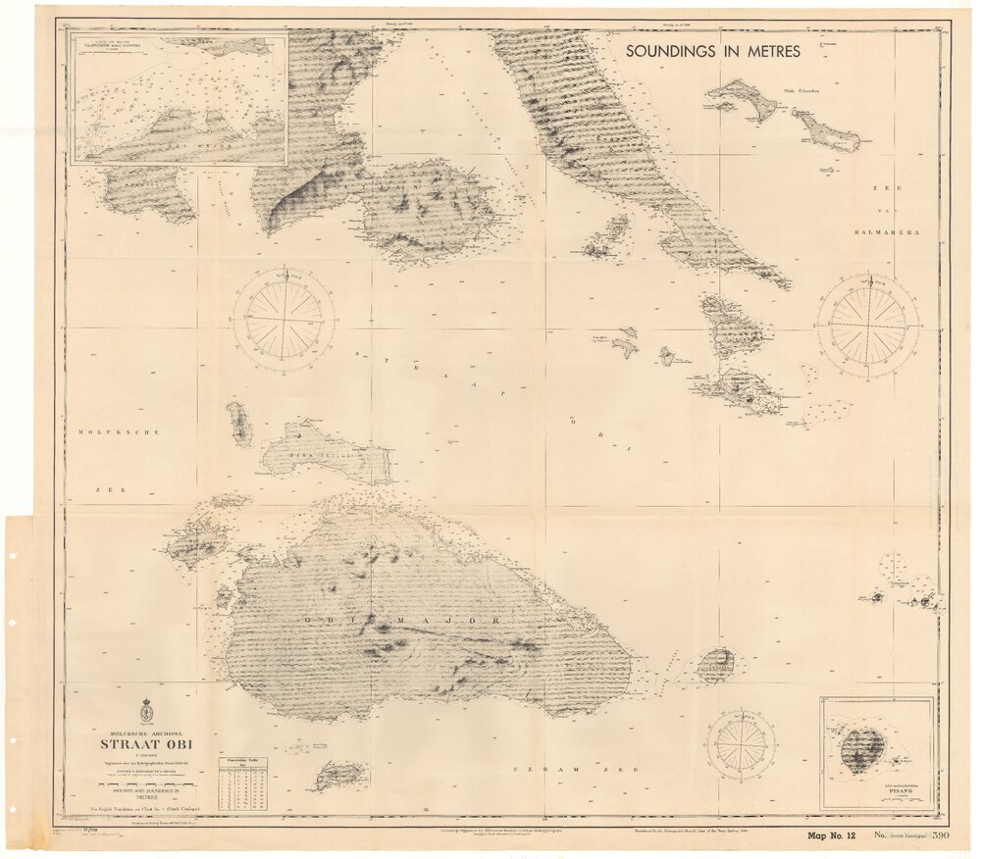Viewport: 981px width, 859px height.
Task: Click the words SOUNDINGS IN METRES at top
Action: tap(712, 50)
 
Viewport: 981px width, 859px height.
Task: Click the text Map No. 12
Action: tap(829, 835)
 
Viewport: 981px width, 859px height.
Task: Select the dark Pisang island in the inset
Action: tap(861, 750)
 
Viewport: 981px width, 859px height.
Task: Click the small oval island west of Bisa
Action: tap(239, 424)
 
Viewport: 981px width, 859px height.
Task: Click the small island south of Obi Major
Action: tap(339, 777)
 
